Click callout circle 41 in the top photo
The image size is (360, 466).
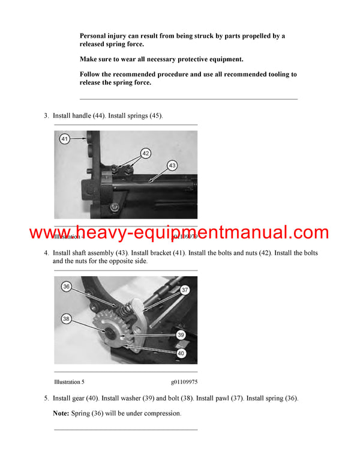click(65, 139)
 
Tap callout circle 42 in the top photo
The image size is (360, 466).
click(146, 153)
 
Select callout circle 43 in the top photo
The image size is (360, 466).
click(172, 165)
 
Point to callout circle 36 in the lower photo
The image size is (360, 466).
click(67, 287)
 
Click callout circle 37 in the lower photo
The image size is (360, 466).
click(185, 290)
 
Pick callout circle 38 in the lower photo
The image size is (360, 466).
click(66, 319)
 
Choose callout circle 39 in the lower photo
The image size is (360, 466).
click(181, 336)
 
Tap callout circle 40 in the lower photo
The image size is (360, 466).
click(181, 353)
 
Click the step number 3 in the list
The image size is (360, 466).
click(46, 115)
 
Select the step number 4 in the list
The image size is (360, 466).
click(46, 253)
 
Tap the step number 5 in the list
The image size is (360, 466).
click(46, 398)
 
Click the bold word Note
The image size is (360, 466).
click(61, 413)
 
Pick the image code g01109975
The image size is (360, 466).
click(184, 381)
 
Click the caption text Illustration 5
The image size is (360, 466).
click(73, 381)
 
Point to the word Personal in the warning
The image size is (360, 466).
click(97, 36)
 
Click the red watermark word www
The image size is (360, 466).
click(49, 232)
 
